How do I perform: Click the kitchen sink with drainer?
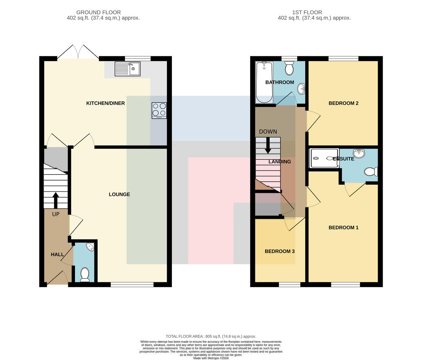click(127, 69)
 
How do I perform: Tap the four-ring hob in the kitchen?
click(159, 110)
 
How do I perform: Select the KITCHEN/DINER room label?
click(105, 103)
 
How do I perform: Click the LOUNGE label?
click(119, 194)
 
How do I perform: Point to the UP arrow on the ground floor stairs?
click(56, 200)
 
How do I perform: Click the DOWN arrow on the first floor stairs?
click(268, 145)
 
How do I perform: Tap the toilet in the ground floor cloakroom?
click(85, 274)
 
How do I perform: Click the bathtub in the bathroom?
click(264, 82)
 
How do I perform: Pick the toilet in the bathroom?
click(289, 68)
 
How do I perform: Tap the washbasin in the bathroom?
click(301, 89)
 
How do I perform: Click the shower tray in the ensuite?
click(324, 158)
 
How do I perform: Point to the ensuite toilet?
click(371, 171)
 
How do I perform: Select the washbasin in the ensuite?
click(359, 153)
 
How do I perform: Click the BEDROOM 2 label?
click(343, 103)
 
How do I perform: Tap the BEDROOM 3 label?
click(280, 251)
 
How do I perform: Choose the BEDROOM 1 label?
click(343, 228)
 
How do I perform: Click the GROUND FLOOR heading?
click(98, 12)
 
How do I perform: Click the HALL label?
click(57, 254)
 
